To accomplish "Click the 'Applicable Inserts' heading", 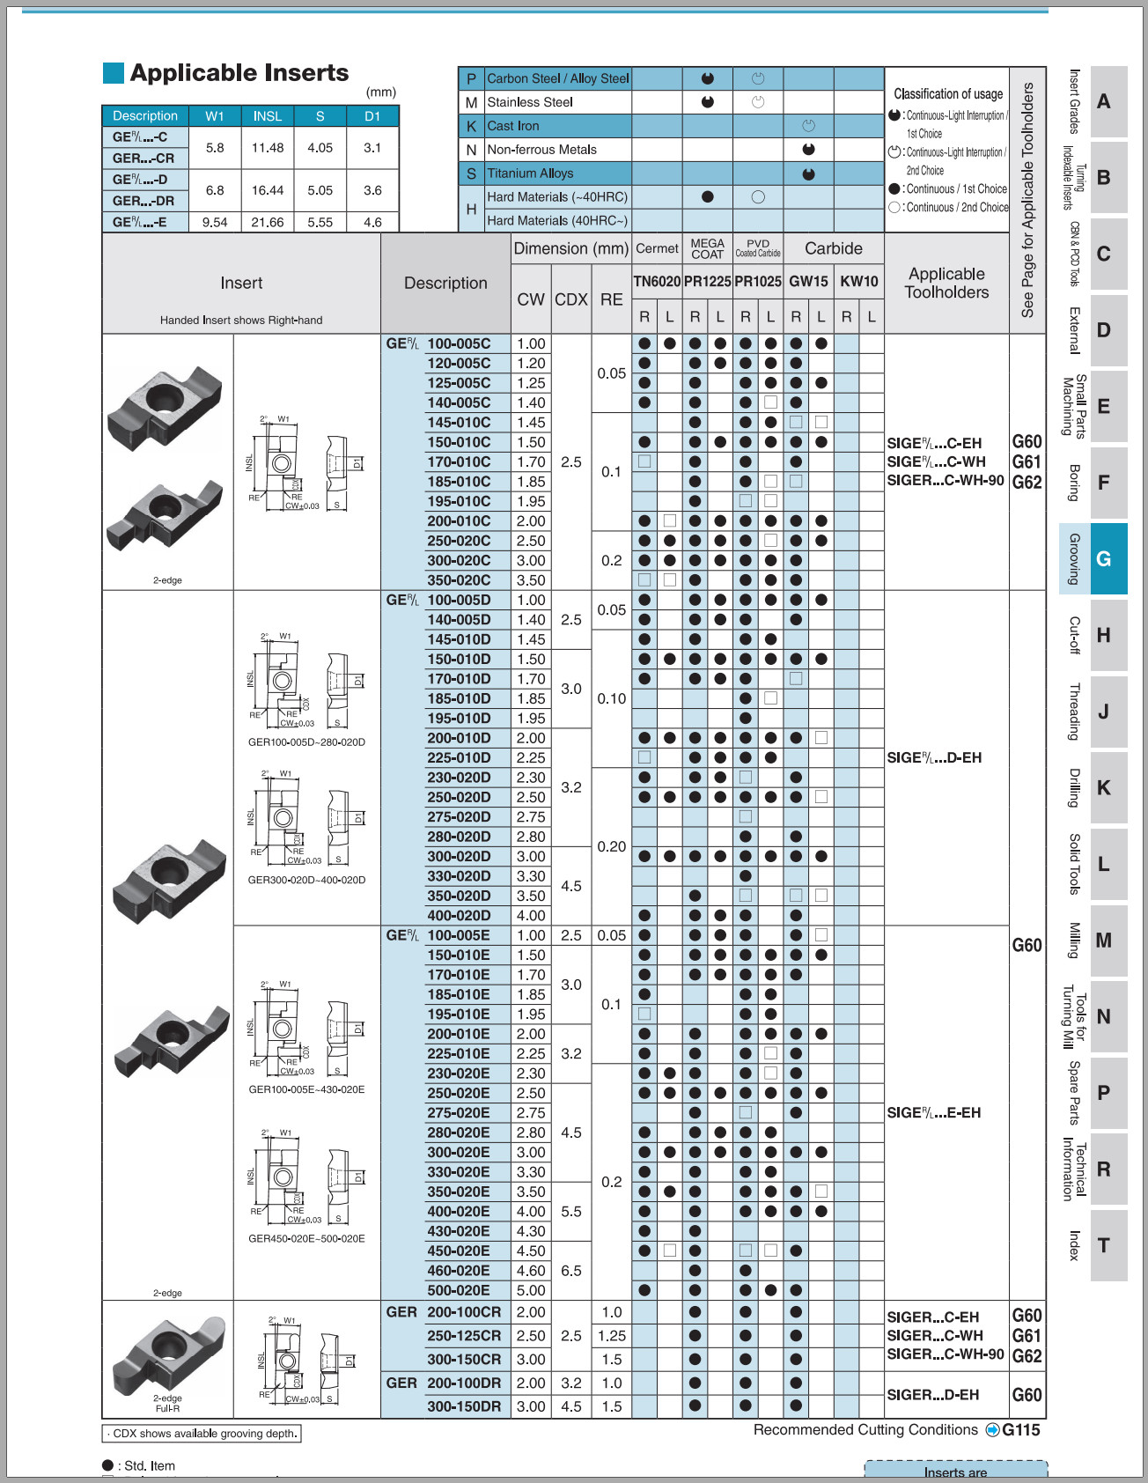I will point(239,73).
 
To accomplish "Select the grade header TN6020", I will point(657,281).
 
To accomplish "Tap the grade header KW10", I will point(858,281).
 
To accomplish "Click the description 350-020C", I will point(459,580).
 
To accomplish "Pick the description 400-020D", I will point(459,916).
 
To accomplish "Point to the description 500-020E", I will point(458,1290).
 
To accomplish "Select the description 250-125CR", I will point(464,1336).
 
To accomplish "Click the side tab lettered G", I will point(1103,559).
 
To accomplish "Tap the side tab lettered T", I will point(1103,1245).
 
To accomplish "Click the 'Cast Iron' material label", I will point(513,126).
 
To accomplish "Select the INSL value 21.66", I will point(268,222).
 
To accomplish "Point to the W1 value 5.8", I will point(215,148).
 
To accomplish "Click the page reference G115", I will point(1020,1430).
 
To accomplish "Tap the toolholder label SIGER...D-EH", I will point(932,1395).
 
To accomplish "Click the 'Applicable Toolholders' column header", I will point(946,284).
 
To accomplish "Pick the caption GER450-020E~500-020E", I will point(306,1239).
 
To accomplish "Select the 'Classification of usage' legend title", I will point(948,93).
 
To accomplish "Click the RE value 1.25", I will point(612,1336).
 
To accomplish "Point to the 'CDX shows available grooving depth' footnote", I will point(202,1434).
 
